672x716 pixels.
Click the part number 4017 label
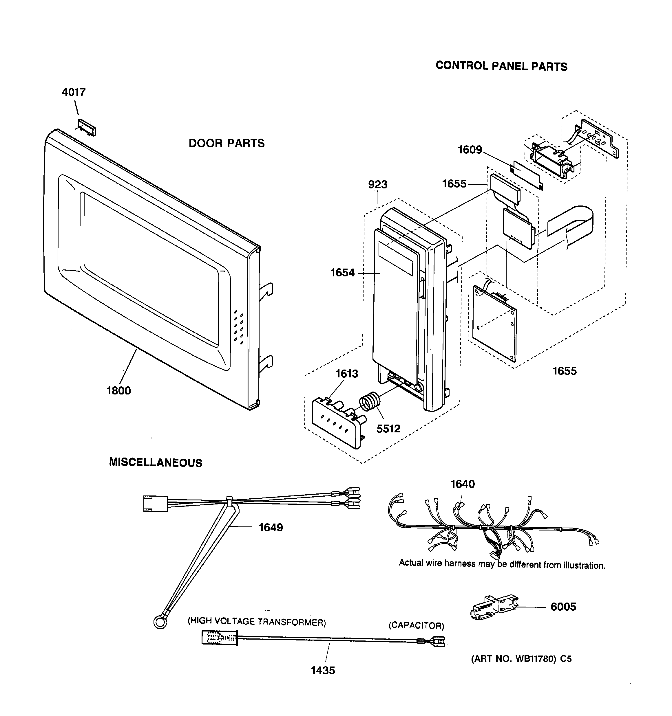[74, 92]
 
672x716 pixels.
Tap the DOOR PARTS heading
[227, 143]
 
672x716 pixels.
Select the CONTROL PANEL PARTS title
[501, 66]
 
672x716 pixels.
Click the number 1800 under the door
[118, 390]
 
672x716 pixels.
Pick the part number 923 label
[377, 184]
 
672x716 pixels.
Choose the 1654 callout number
[342, 273]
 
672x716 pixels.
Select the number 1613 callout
[347, 374]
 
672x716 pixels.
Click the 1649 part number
[271, 527]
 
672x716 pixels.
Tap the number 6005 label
[563, 607]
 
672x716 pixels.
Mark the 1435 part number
[323, 670]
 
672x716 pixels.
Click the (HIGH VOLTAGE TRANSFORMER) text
[256, 621]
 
